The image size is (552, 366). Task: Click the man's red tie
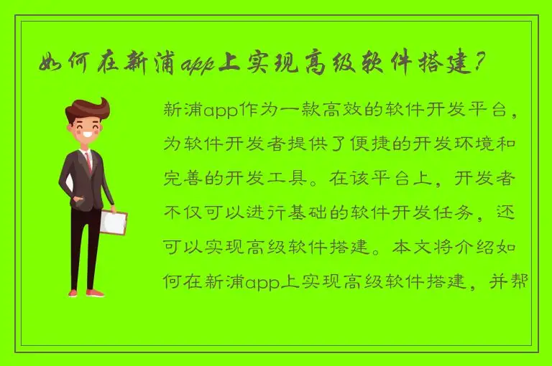pyautogui.click(x=88, y=161)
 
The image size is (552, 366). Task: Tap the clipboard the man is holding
pyautogui.click(x=113, y=222)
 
